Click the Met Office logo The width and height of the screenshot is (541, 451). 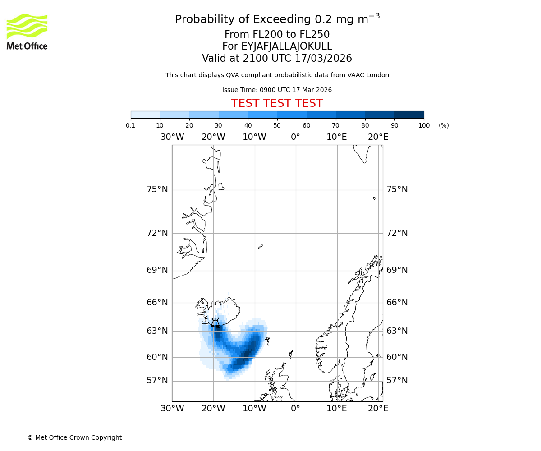click(27, 32)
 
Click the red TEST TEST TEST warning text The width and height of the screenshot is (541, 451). click(277, 103)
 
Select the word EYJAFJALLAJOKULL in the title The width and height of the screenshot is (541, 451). click(287, 46)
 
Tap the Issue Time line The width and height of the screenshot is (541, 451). click(277, 90)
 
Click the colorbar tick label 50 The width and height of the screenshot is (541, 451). click(277, 125)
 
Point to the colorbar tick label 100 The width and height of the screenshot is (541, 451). click(424, 125)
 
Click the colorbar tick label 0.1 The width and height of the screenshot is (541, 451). click(131, 125)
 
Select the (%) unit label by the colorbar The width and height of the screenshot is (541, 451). click(444, 125)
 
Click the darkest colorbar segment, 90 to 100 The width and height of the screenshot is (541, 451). click(409, 115)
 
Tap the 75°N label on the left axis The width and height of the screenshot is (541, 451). click(157, 189)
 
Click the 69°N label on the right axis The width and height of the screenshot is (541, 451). click(397, 270)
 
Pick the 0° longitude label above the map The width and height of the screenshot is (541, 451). click(295, 137)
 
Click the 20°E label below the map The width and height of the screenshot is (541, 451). click(378, 409)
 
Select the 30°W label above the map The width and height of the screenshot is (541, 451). click(172, 137)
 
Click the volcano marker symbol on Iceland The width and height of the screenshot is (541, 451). click(215, 322)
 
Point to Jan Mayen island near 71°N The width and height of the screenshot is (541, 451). click(261, 246)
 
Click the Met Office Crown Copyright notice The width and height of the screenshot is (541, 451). click(74, 437)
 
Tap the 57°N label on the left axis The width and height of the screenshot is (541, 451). click(157, 381)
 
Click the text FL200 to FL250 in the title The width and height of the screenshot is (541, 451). click(277, 35)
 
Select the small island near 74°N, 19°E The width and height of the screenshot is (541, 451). click(374, 198)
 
